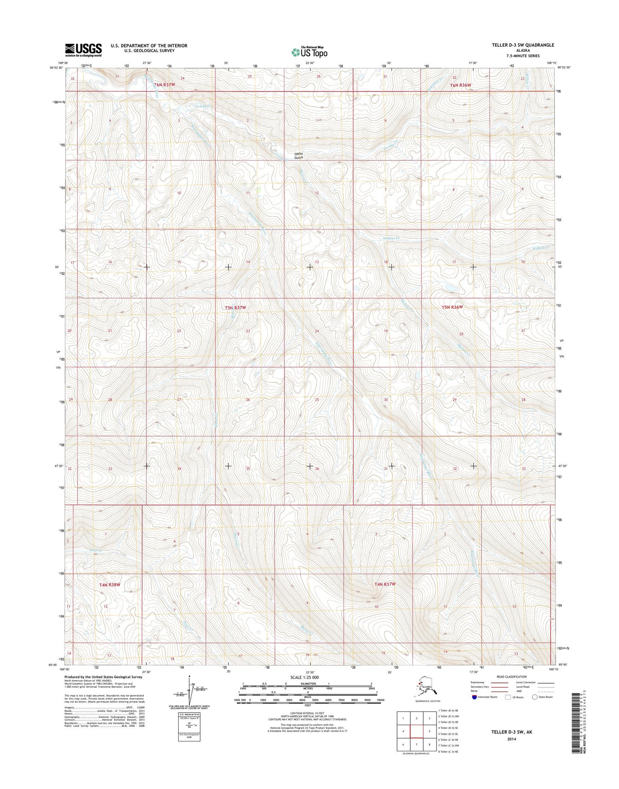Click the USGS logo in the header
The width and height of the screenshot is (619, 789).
[84, 50]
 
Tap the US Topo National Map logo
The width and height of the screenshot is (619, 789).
[309, 51]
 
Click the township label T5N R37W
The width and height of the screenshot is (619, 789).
[236, 308]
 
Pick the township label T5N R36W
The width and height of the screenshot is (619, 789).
[452, 307]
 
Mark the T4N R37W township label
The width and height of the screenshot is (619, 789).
[385, 584]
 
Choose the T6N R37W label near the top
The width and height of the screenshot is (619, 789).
[165, 85]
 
